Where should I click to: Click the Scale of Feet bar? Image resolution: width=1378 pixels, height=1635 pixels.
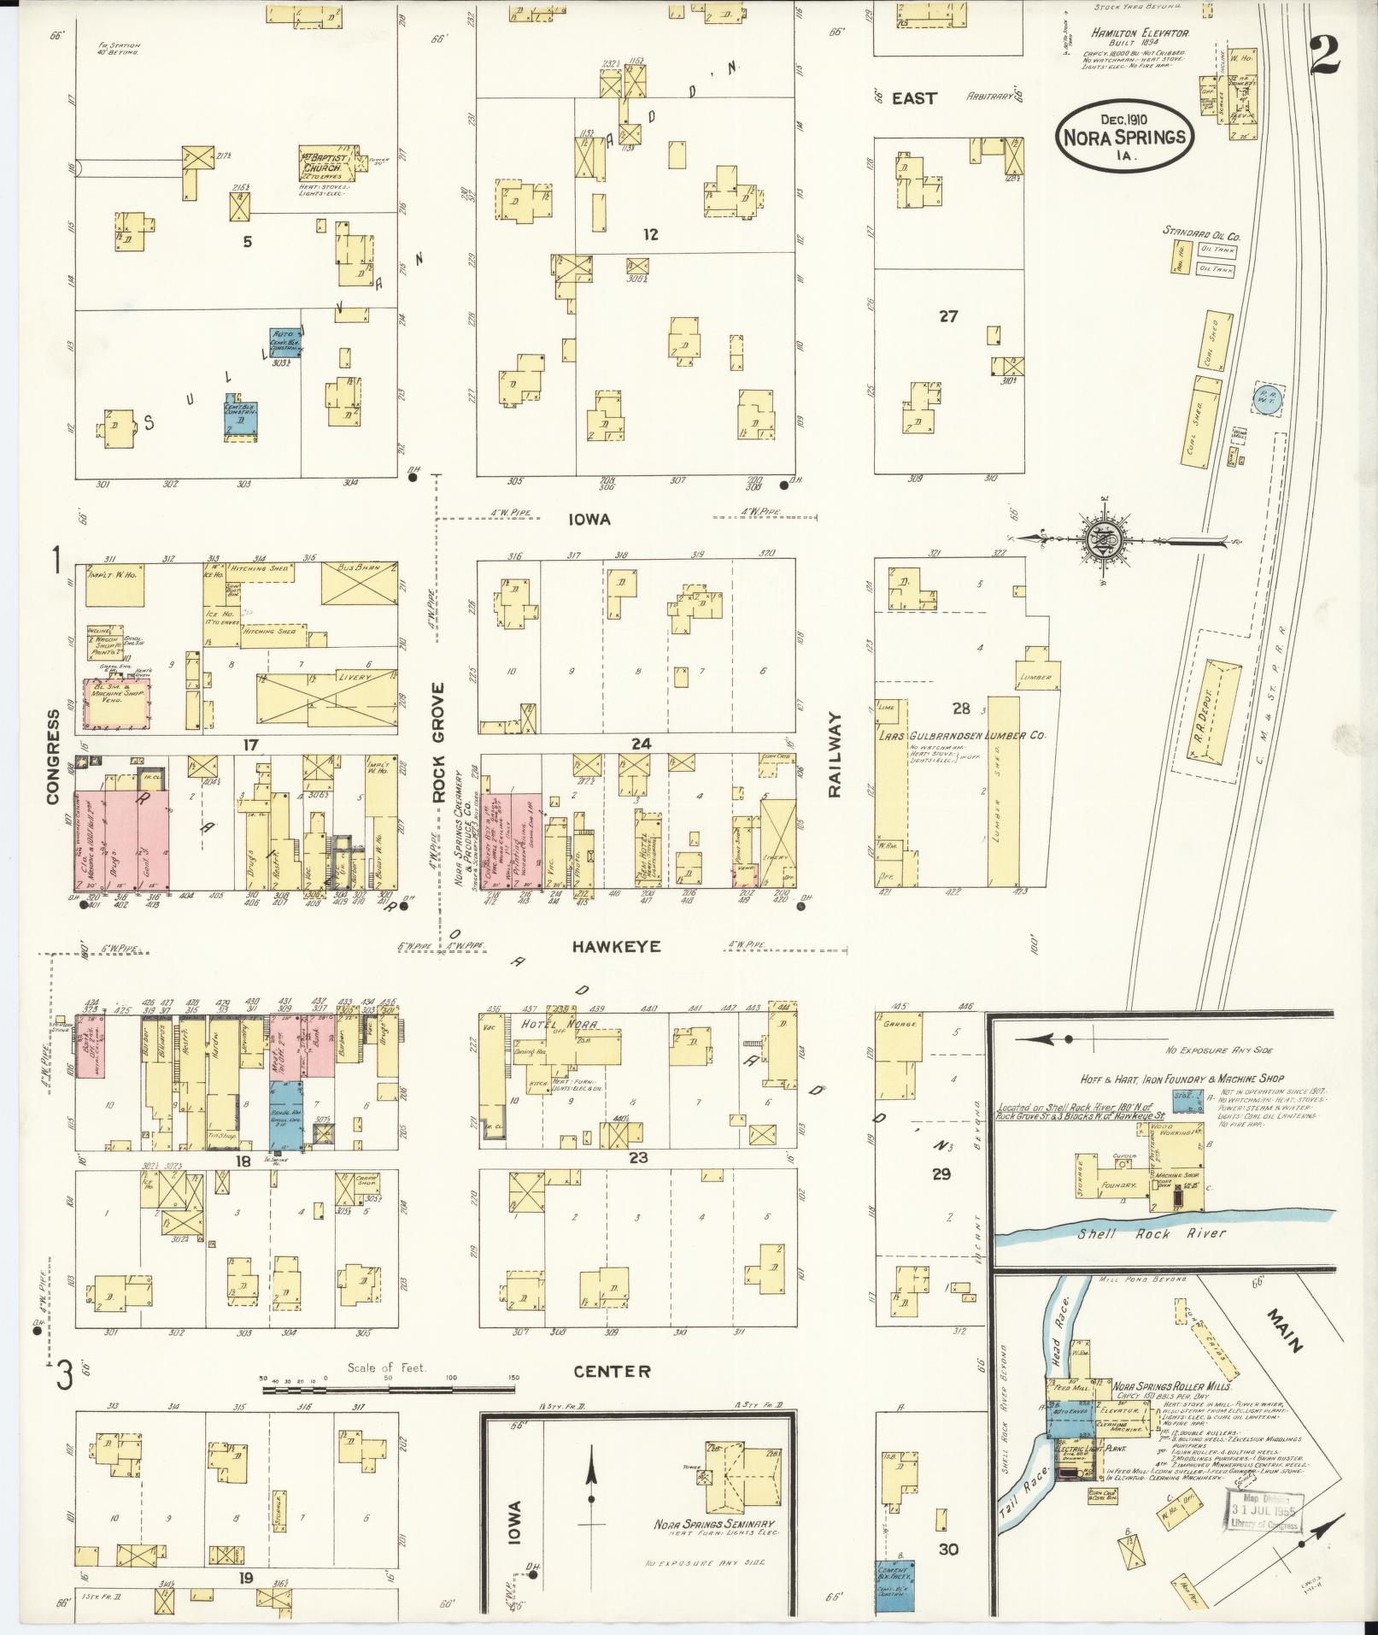coord(389,1391)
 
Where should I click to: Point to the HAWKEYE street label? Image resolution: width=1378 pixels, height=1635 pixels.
coord(617,947)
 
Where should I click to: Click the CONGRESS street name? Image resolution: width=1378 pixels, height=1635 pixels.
coord(53,756)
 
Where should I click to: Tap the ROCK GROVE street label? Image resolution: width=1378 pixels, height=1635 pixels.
coord(438,742)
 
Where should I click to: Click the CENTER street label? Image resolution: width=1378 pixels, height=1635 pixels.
coord(612,1371)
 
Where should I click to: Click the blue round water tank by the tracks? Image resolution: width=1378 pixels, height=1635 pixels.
coord(1264,397)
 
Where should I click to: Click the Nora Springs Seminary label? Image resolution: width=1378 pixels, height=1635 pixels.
coord(714,1524)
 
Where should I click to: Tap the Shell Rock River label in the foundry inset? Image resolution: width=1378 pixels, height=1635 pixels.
coord(1151,1232)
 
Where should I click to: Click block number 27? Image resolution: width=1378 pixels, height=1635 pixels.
coord(948,316)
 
